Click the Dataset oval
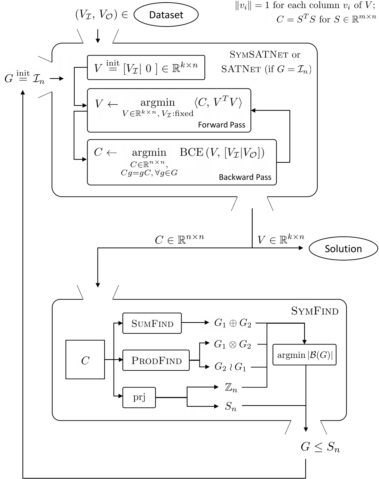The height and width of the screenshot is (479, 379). tap(166, 15)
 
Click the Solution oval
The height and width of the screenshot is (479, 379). tap(343, 249)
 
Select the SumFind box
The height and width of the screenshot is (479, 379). tap(152, 323)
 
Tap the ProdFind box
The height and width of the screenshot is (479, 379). tap(156, 360)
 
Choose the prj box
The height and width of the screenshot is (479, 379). tap(139, 397)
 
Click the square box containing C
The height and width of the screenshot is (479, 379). tap(85, 359)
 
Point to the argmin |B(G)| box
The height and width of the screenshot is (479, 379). tap(304, 355)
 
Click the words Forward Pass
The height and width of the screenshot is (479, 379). tap(221, 125)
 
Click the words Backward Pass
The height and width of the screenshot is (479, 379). tap(245, 177)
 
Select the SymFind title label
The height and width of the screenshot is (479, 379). tap(315, 311)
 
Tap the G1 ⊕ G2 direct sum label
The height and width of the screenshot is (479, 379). tap(232, 323)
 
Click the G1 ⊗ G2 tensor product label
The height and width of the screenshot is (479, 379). tap(232, 344)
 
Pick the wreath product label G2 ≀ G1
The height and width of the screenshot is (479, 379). tap(230, 367)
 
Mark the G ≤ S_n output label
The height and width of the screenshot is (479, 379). tap(320, 447)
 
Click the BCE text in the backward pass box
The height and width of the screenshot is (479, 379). tap(192, 152)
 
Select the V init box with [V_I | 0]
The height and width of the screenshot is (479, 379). tap(146, 68)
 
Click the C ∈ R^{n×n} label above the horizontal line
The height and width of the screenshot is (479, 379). tap(179, 239)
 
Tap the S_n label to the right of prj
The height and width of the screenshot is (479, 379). tap(231, 406)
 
